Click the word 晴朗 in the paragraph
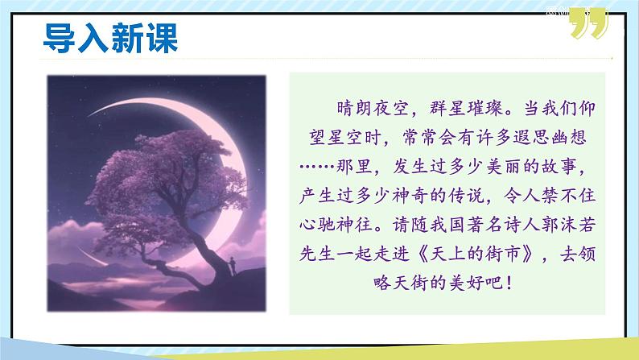click(x=350, y=108)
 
